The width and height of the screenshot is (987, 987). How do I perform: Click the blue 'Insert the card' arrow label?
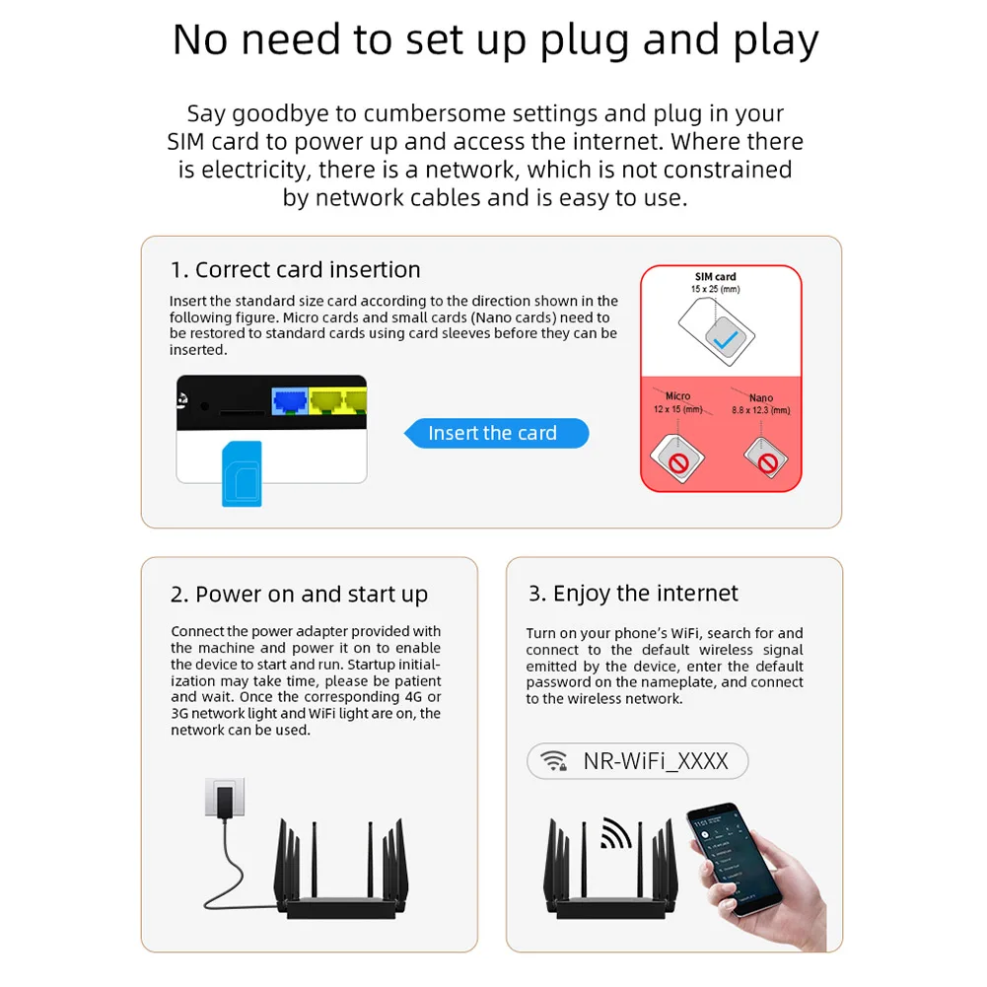[x=497, y=433]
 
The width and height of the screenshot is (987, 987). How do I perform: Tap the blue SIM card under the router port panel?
[x=242, y=474]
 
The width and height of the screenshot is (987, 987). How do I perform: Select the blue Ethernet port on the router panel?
[x=291, y=398]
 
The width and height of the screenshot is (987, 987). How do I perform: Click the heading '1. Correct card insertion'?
[x=295, y=270]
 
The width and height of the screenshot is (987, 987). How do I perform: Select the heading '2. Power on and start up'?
[x=299, y=595]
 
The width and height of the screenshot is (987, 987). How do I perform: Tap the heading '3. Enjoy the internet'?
[x=633, y=594]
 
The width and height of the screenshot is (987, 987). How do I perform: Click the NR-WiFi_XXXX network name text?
[x=656, y=761]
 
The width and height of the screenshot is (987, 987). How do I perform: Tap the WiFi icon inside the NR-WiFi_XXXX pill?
[x=555, y=761]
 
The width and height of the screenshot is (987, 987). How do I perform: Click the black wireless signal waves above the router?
[x=615, y=834]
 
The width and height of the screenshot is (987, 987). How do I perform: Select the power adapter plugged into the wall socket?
[x=226, y=799]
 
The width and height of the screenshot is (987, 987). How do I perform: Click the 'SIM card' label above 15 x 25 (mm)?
[x=715, y=277]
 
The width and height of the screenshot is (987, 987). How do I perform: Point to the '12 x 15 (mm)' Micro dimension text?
[x=677, y=408]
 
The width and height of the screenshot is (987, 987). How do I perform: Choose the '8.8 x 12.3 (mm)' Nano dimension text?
[x=760, y=410]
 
